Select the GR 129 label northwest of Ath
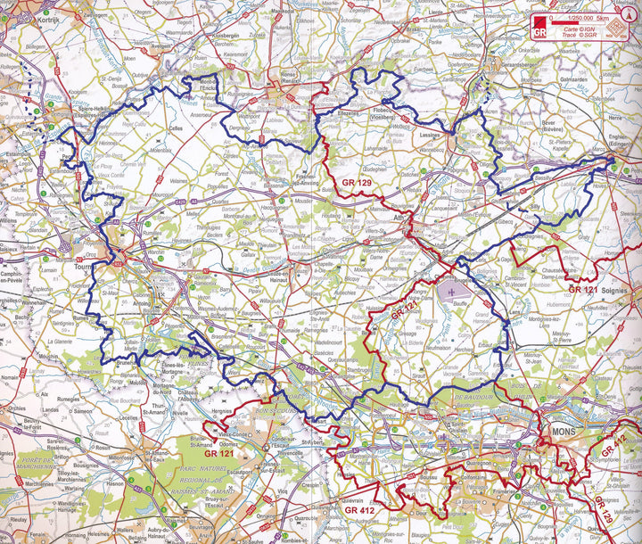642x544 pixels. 356,183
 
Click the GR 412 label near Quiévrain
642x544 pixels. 361,510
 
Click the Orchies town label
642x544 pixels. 15,408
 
